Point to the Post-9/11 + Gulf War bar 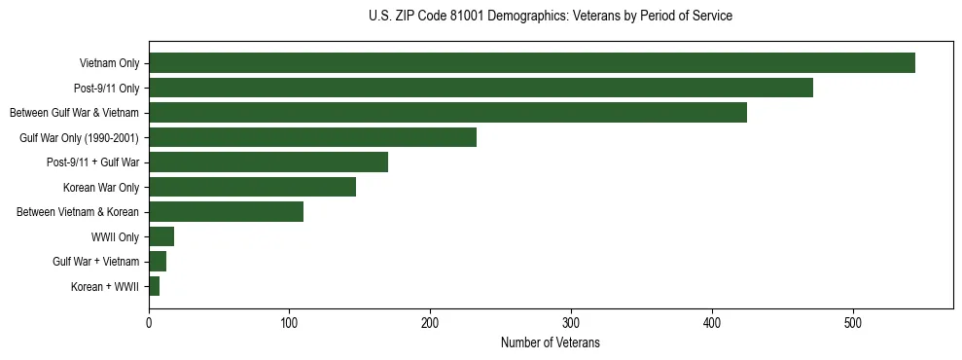click(268, 162)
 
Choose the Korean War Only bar click(252, 187)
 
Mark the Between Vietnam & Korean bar click(226, 212)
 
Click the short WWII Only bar click(161, 236)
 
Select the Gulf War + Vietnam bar click(158, 262)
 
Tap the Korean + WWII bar click(154, 286)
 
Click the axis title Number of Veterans click(550, 342)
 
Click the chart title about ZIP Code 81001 click(551, 17)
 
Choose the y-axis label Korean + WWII click(105, 287)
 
